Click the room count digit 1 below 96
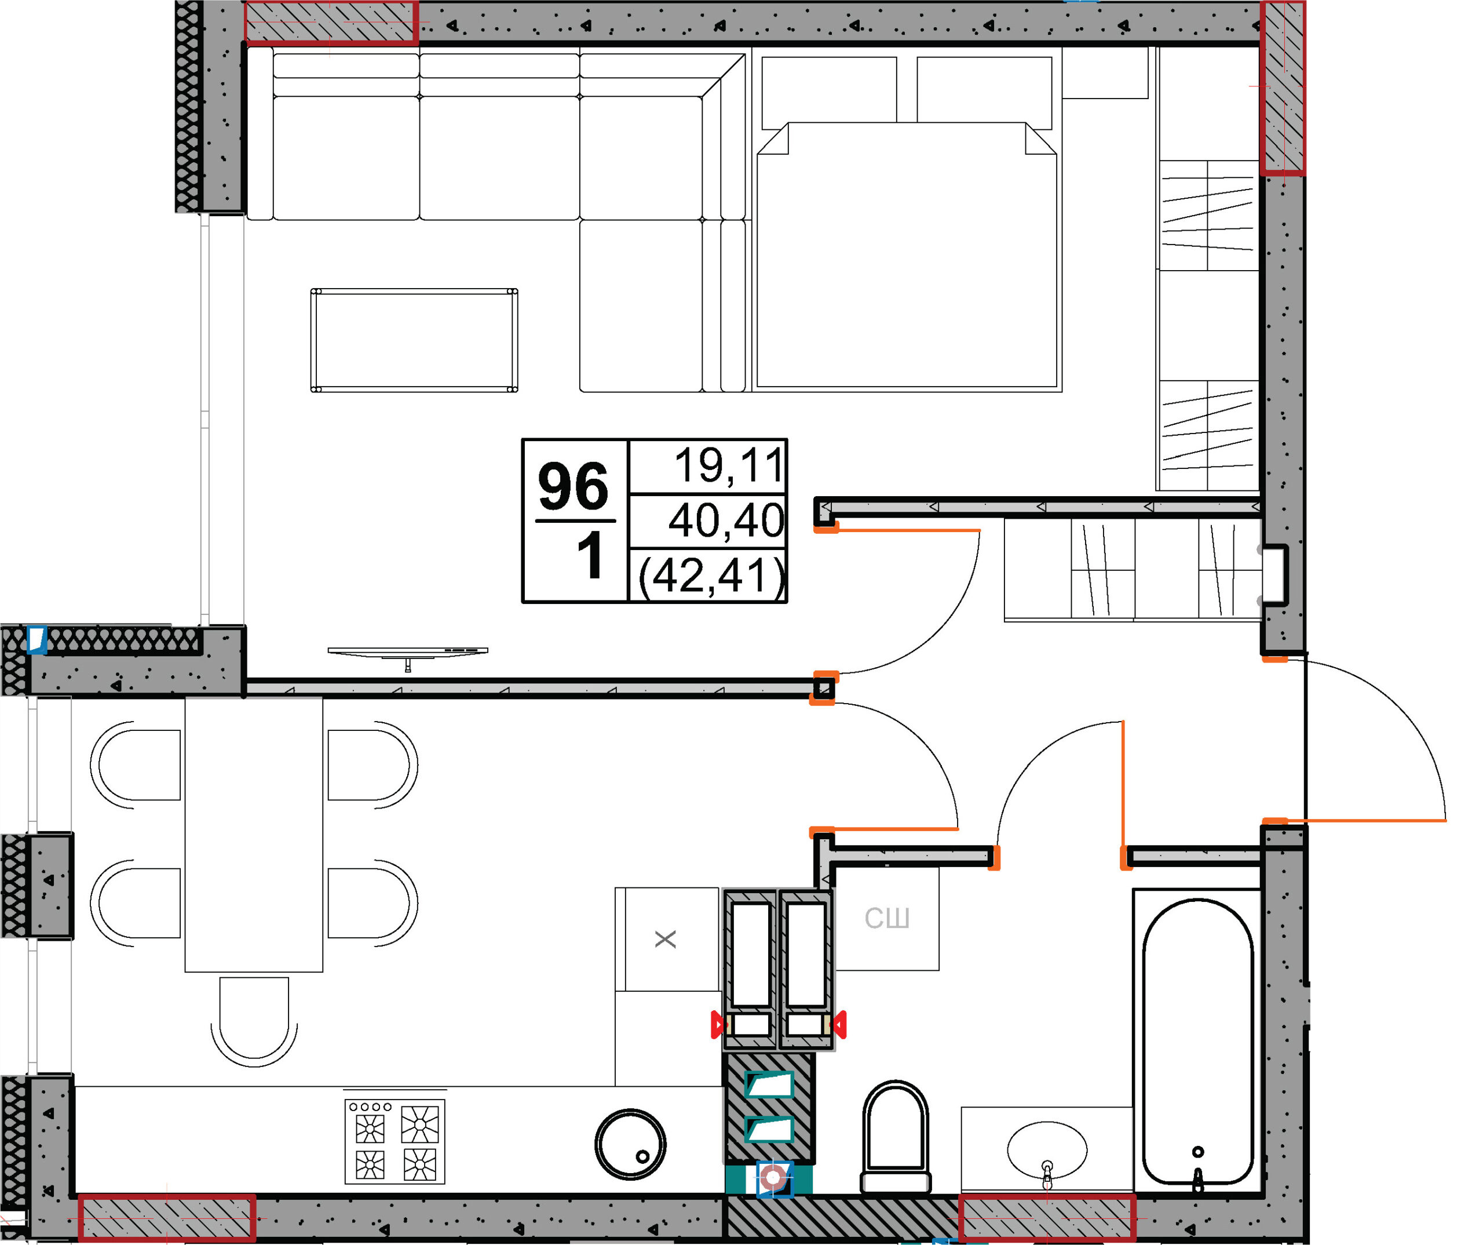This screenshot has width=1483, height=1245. pyautogui.click(x=590, y=555)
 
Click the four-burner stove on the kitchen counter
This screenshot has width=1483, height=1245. pyautogui.click(x=395, y=1141)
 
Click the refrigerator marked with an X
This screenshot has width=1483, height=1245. pyautogui.click(x=667, y=939)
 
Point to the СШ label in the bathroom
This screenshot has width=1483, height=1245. pyautogui.click(x=887, y=919)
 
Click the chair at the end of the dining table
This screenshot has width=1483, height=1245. pyautogui.click(x=254, y=1022)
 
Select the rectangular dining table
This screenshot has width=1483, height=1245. pyautogui.click(x=254, y=835)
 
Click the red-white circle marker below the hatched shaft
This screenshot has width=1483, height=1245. pyautogui.click(x=773, y=1178)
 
